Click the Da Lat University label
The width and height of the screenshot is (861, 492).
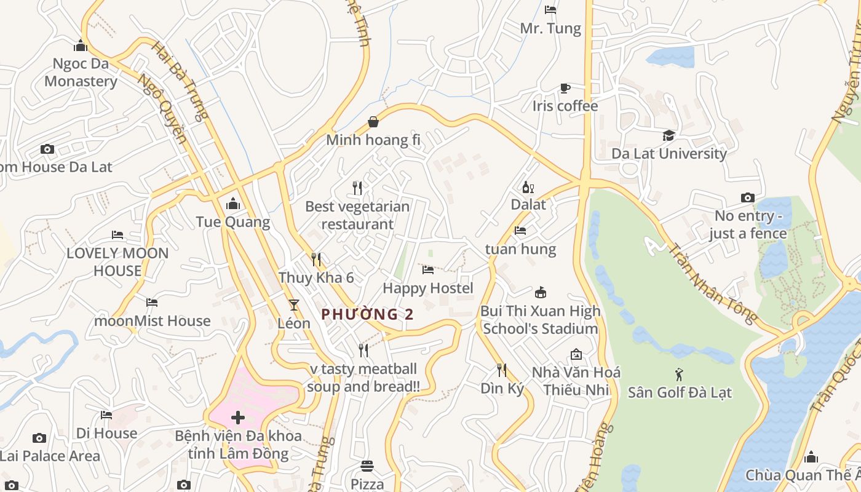click(x=669, y=154)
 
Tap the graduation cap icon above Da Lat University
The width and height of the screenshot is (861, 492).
click(x=669, y=135)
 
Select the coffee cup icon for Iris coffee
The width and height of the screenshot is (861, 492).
click(x=565, y=89)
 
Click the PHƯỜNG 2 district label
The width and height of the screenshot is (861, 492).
click(x=367, y=314)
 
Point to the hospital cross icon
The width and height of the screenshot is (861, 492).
click(x=238, y=418)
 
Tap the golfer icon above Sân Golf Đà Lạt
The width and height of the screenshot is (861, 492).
click(x=679, y=374)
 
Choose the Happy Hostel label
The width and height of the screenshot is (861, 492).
click(x=428, y=288)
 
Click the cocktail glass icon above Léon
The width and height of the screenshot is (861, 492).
click(x=294, y=304)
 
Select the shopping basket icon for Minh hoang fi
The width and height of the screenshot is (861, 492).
click(x=373, y=122)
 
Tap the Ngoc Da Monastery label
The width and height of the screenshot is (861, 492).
click(x=81, y=73)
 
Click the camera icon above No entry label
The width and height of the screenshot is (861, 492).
click(x=748, y=197)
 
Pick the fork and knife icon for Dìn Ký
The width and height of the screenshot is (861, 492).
click(x=502, y=370)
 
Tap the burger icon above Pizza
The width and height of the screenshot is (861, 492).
click(x=367, y=466)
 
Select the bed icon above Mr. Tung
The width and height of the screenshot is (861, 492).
click(x=550, y=10)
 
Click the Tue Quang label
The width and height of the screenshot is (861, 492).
click(x=233, y=222)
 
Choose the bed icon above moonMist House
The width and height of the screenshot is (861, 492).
click(x=152, y=302)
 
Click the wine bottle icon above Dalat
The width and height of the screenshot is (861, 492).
click(x=528, y=187)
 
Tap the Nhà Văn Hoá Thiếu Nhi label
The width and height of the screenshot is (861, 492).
click(x=576, y=381)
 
